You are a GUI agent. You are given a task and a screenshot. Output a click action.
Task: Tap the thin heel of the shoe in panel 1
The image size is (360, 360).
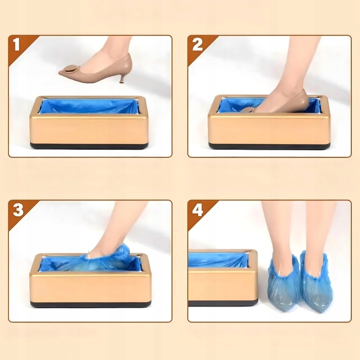[x=122, y=77]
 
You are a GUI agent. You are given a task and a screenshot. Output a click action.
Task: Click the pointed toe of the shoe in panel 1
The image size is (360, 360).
[x=61, y=72]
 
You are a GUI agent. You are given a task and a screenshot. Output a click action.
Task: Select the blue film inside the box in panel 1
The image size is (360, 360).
[x=89, y=106]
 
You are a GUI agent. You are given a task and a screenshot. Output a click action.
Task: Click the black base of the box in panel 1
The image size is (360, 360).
[x=89, y=146]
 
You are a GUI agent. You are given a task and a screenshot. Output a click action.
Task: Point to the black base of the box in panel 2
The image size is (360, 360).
[x=269, y=146]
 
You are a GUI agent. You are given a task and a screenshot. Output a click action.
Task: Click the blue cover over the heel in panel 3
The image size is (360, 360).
[x=119, y=252]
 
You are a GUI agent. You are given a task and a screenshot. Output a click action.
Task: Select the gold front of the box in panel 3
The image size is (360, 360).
[x=90, y=287]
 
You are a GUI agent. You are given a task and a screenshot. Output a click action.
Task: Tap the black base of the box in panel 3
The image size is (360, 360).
[x=90, y=304]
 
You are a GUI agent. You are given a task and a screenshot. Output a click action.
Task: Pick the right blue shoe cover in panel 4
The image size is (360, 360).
[x=314, y=280]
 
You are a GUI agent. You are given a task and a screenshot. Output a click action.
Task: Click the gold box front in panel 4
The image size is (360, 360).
[x=222, y=284]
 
